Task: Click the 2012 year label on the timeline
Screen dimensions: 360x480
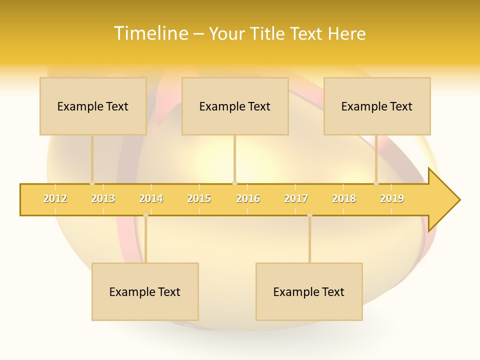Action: point(55,199)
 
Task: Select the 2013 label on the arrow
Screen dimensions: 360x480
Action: point(103,199)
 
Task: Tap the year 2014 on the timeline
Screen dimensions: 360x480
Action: point(151,199)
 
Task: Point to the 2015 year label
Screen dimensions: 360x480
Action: point(199,199)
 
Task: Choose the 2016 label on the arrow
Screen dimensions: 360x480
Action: point(248,199)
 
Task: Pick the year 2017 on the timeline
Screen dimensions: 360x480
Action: point(296,199)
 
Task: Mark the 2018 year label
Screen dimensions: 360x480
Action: point(344,199)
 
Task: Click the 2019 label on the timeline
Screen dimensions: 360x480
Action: point(392,199)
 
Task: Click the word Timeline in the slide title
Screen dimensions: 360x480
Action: point(150,33)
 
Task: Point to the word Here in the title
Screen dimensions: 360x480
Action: point(346,33)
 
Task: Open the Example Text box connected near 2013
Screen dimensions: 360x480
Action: point(93,106)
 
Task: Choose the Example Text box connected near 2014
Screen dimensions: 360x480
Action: point(145,291)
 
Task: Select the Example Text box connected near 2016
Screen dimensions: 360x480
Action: point(235,106)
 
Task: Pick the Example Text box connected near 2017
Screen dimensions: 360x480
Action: point(309,291)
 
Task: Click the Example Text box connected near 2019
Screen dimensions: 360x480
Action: point(377,106)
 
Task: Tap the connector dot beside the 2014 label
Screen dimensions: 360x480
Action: point(145,215)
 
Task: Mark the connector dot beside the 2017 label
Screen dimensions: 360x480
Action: point(309,215)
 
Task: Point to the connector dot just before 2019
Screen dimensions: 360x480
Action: point(376,183)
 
